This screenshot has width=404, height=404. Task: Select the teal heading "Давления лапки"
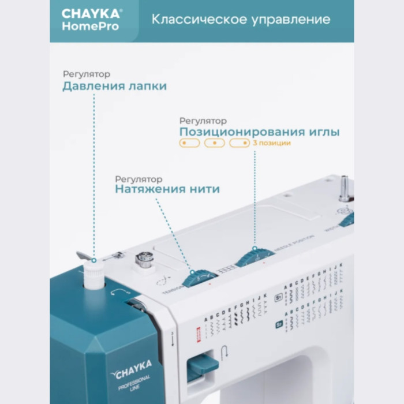(x=114, y=87)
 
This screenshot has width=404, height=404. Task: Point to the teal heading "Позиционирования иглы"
(x=259, y=132)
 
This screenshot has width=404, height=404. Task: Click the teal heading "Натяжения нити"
(x=167, y=189)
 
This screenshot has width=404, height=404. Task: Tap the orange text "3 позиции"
(x=271, y=143)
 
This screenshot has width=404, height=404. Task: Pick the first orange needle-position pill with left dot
(x=189, y=143)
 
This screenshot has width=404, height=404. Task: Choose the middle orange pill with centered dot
(x=214, y=143)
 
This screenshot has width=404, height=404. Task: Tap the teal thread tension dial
(x=196, y=278)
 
